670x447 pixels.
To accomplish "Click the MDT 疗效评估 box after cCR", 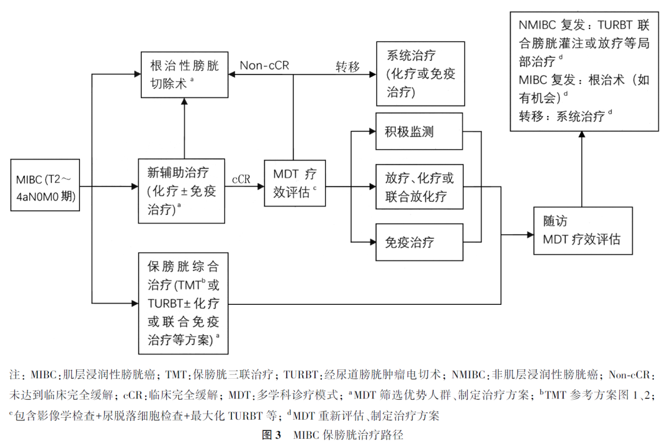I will [x=295, y=185].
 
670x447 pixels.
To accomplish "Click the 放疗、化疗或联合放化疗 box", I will [x=419, y=187].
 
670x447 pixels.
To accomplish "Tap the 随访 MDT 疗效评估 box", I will [x=582, y=230].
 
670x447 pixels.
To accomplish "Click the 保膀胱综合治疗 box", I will [x=183, y=303].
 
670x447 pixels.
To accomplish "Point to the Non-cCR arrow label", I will [x=264, y=65].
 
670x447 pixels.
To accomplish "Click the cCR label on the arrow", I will [x=241, y=179].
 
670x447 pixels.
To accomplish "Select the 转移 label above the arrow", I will [x=347, y=66].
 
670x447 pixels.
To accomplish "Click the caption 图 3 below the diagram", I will [x=272, y=435].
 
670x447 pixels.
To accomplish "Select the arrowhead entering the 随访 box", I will [x=530, y=235].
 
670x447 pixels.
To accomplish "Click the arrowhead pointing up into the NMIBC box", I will [x=582, y=135].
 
